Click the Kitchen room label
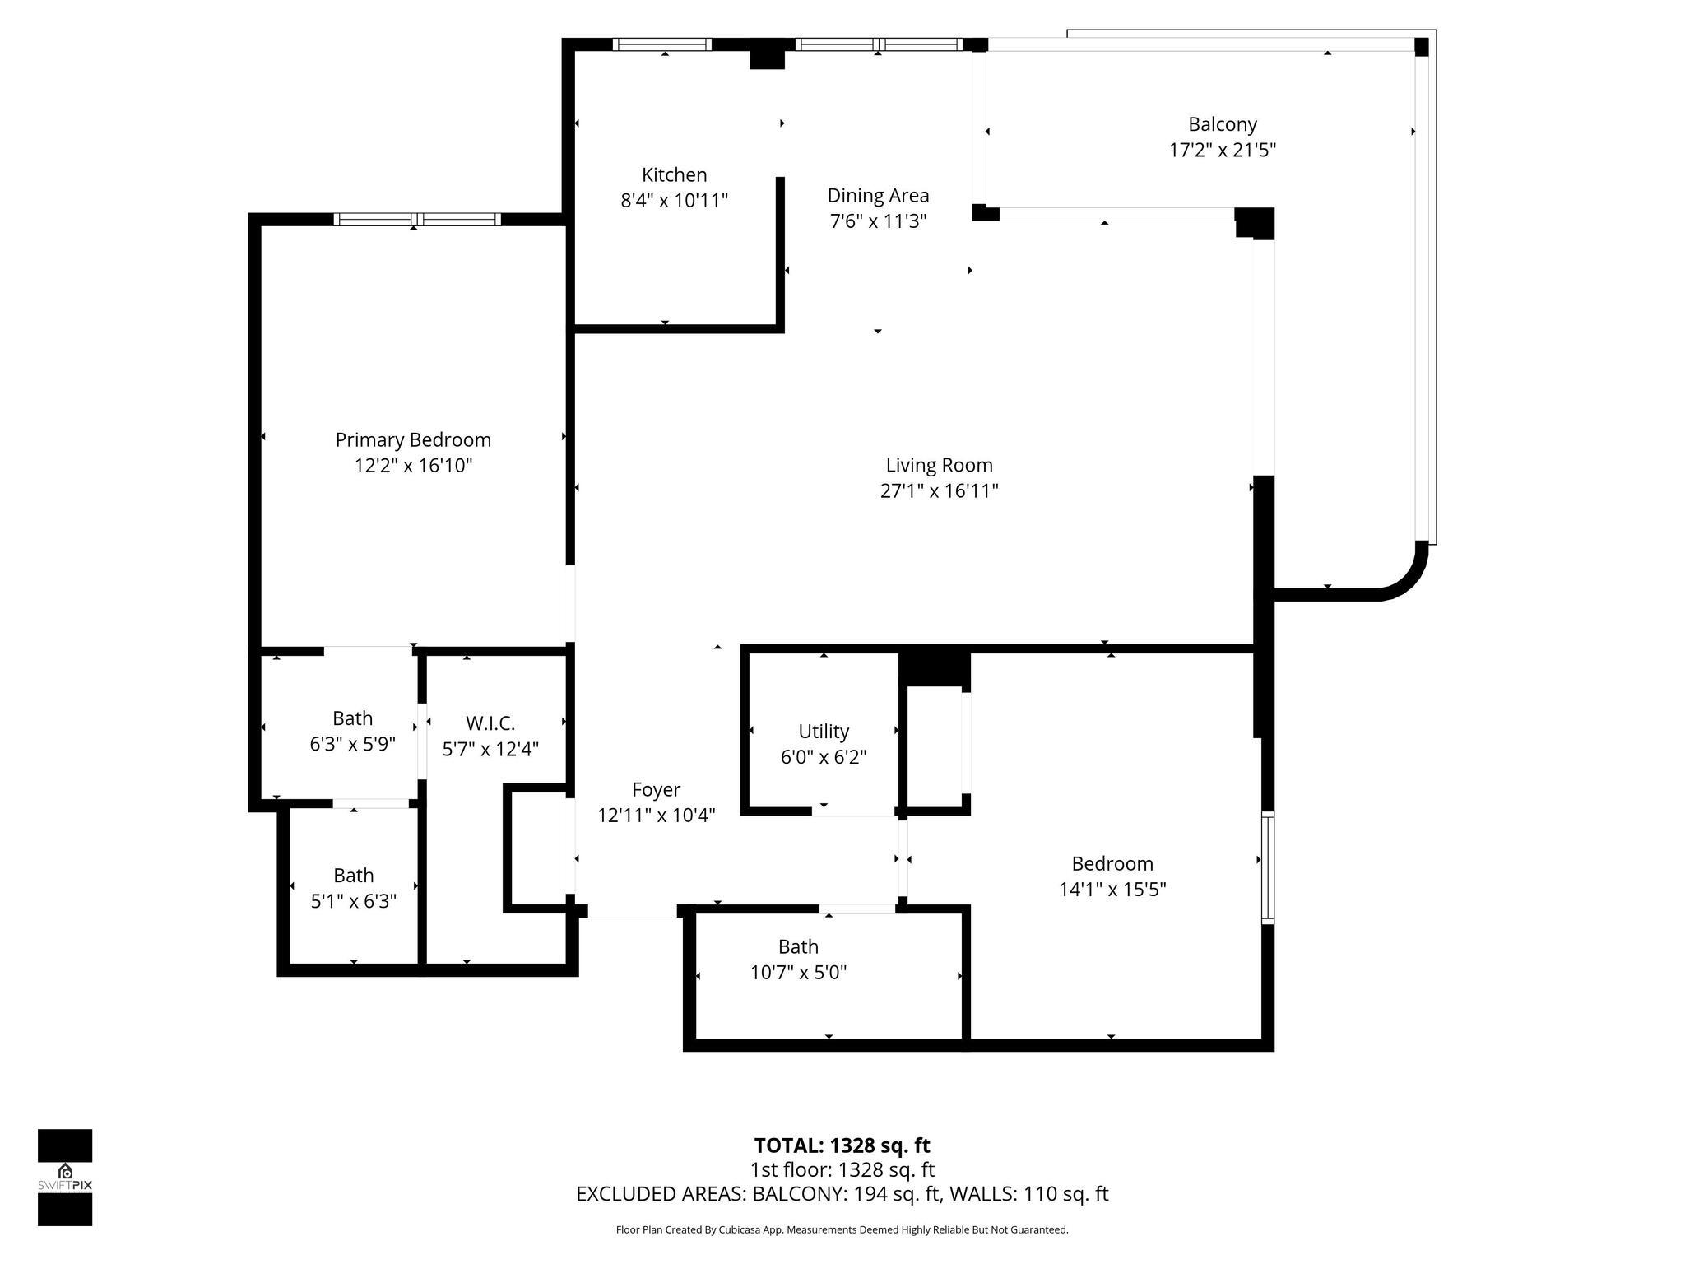click(x=674, y=174)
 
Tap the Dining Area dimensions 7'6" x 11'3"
click(x=878, y=221)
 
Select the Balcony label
click(x=1222, y=124)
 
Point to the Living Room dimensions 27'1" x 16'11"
click(x=939, y=491)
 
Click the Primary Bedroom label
click(x=413, y=439)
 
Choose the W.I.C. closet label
click(x=490, y=723)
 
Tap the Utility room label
click(x=823, y=731)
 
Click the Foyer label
click(x=656, y=789)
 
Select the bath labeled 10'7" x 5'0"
click(x=798, y=960)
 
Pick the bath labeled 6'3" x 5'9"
click(x=352, y=731)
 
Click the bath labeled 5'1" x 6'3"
click(x=353, y=888)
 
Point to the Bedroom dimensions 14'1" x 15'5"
click(x=1112, y=890)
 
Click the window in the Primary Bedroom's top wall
click(x=417, y=219)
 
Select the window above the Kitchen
click(x=662, y=44)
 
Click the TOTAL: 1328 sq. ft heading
click(x=842, y=1145)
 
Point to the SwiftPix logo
click(x=65, y=1177)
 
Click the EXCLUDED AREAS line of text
click(x=842, y=1194)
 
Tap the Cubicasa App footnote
click(x=842, y=1230)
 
